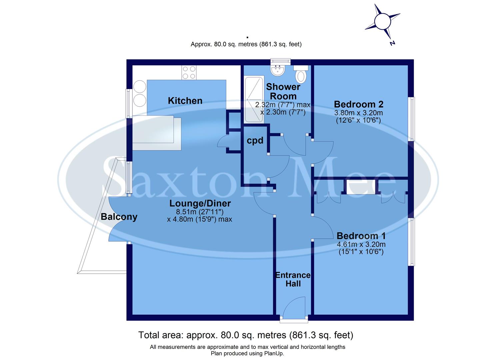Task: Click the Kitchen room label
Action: tap(185, 101)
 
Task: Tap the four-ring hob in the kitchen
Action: tap(189, 73)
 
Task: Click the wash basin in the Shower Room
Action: tap(277, 70)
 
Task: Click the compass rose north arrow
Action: tap(382, 22)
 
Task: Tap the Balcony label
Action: tap(119, 217)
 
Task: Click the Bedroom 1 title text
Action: tap(361, 236)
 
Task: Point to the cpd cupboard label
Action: tap(255, 141)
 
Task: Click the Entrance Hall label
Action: tap(293, 279)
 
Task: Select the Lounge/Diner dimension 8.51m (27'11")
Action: tap(200, 212)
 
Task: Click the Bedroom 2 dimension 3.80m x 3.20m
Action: tap(359, 113)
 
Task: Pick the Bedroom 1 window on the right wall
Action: tap(412, 242)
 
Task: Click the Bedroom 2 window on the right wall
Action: tap(412, 119)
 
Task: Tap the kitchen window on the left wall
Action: tap(128, 103)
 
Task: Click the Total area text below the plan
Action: tap(246, 335)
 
